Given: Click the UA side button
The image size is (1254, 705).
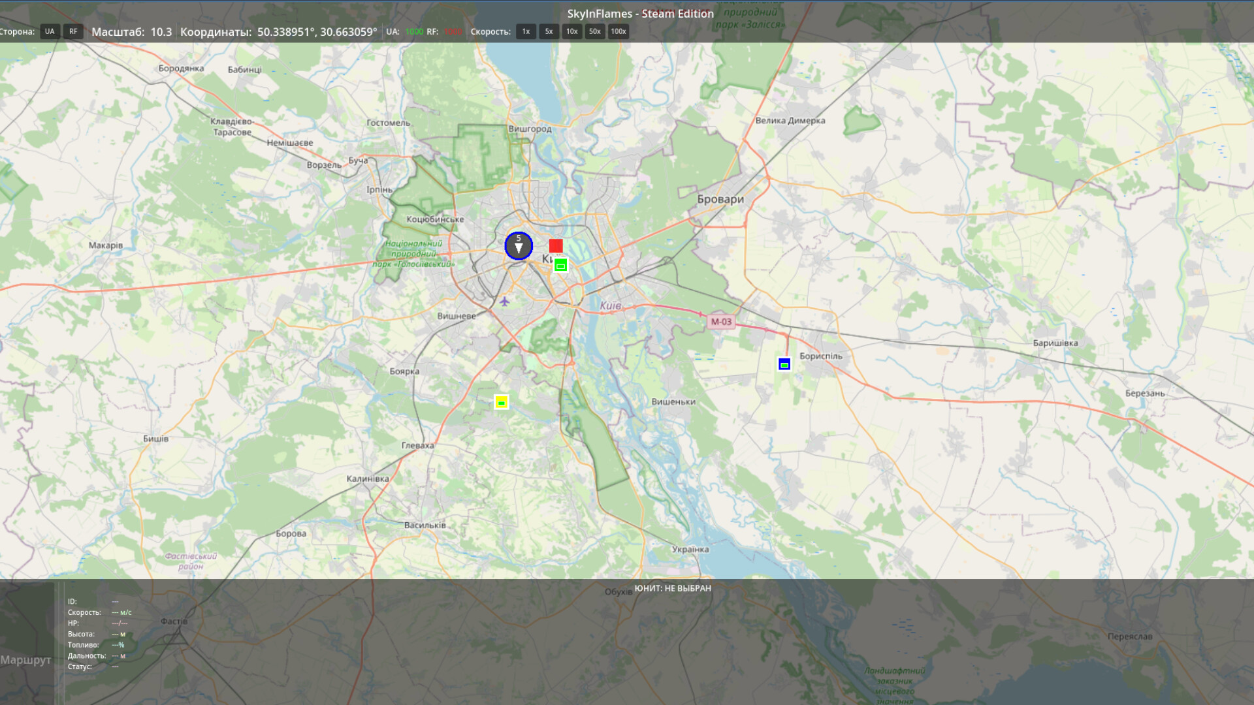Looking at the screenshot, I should tap(50, 31).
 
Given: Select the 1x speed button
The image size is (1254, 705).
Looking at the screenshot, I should tap(526, 31).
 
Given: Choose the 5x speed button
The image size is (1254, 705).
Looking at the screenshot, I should tap(549, 31).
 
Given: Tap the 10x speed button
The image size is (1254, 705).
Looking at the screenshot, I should tap(571, 31).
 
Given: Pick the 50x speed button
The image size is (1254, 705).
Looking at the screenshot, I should tap(594, 31).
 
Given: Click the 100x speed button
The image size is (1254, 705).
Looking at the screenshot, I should tap(618, 31).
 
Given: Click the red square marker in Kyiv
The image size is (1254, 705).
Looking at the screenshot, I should tap(556, 245).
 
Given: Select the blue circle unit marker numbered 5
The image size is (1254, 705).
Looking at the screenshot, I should tap(519, 246).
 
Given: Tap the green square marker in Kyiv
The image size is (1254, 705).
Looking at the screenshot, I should tap(560, 265).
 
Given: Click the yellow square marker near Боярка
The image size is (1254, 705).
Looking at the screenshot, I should tap(501, 402).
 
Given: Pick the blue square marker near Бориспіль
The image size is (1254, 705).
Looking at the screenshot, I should tap(784, 364).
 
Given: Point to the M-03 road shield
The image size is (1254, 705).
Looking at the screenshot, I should tap(721, 322).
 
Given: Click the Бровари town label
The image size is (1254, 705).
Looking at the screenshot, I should tap(720, 200).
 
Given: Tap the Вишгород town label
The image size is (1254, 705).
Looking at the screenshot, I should tap(530, 129).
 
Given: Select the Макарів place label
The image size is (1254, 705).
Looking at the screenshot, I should tap(106, 245).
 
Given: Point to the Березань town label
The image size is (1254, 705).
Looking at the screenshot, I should tap(1145, 394).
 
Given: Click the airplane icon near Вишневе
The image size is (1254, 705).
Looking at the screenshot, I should tap(504, 301).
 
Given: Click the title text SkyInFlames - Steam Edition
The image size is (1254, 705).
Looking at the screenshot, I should tap(640, 14).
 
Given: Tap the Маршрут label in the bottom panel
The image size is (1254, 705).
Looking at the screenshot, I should tap(25, 660).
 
